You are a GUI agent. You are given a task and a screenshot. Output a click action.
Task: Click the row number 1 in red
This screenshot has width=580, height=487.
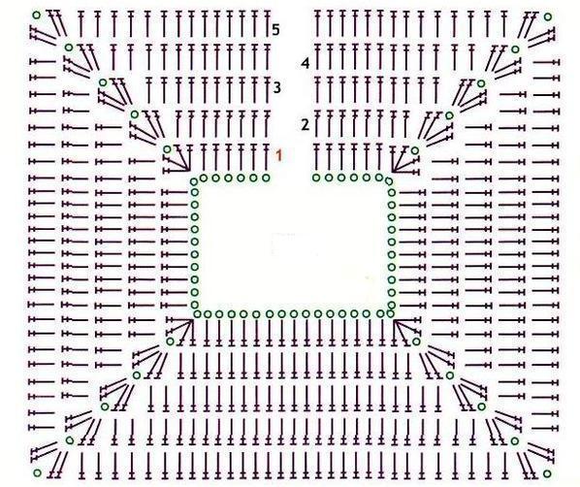(279, 155)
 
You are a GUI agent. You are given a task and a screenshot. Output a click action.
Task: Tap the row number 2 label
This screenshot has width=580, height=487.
(305, 125)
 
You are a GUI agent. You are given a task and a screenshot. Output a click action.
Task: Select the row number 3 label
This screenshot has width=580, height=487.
(277, 87)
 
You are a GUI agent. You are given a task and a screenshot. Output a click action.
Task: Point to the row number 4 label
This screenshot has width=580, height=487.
(306, 63)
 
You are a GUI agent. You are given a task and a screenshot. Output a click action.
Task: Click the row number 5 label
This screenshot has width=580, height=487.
(275, 30)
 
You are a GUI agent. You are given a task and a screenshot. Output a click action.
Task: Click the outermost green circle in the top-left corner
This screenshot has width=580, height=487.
(36, 16)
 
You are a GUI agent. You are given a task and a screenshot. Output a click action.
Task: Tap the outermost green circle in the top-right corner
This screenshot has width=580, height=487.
(548, 16)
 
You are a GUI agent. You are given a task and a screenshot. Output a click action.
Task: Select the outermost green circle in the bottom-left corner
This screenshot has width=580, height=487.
(38, 473)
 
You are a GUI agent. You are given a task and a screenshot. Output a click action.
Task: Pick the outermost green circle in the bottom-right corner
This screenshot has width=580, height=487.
(547, 473)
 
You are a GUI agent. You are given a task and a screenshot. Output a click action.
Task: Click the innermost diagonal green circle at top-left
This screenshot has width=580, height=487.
(167, 149)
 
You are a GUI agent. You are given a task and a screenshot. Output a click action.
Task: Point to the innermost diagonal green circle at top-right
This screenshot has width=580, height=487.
(415, 150)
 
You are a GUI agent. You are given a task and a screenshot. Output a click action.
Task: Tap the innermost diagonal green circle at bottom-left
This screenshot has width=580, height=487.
(170, 341)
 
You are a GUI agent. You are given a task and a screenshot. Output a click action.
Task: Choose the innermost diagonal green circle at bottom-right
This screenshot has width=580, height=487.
(416, 341)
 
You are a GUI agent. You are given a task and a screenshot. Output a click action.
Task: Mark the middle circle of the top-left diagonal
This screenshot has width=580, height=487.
(103, 82)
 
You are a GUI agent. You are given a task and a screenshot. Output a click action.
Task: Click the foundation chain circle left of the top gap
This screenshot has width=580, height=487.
(266, 178)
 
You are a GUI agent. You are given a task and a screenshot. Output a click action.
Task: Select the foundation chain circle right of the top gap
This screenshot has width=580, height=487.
(316, 178)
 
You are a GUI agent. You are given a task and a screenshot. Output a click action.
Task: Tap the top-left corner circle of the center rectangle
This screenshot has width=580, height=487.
(194, 181)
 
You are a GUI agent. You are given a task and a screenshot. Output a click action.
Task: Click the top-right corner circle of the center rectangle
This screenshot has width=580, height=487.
(388, 181)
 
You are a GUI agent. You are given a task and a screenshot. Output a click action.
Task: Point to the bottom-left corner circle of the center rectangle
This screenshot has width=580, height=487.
(197, 314)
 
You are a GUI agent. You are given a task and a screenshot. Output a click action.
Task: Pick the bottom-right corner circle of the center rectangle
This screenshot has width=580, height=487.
(390, 313)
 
